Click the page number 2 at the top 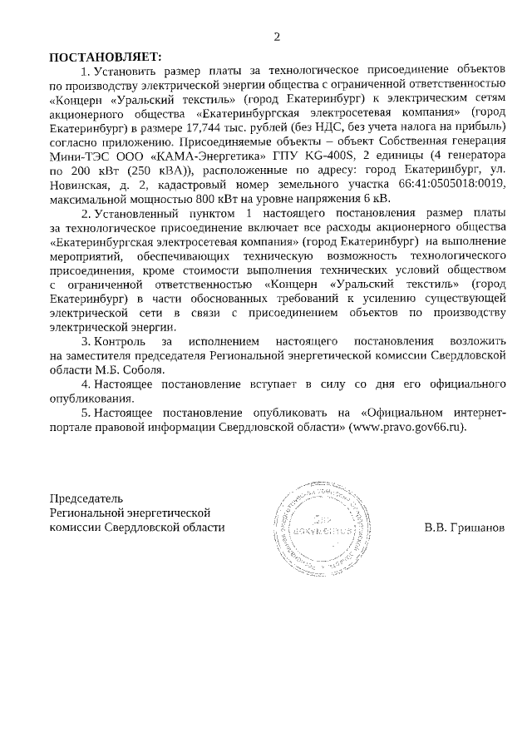[x=277, y=37]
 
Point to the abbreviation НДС [x=360, y=126]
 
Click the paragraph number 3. [x=86, y=342]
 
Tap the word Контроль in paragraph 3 [x=121, y=342]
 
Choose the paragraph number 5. [x=86, y=413]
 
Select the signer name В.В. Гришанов [x=464, y=528]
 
